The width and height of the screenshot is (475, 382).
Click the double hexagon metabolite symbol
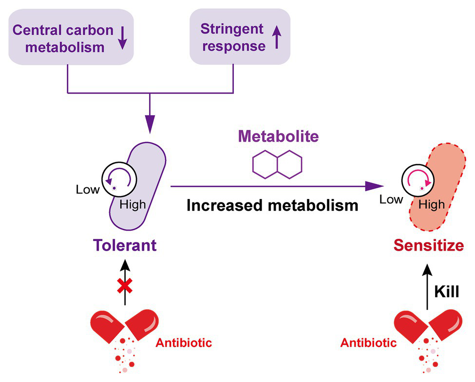[x=277, y=164]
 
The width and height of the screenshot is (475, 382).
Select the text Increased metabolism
[x=272, y=205]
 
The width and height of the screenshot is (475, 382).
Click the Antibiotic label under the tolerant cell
[x=184, y=343]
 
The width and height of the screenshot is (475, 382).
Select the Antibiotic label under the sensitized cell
[x=368, y=343]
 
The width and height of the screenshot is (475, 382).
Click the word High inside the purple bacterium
[x=132, y=204]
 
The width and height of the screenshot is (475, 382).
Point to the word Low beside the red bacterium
[x=391, y=199]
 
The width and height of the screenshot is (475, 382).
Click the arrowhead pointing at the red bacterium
[x=374, y=185]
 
